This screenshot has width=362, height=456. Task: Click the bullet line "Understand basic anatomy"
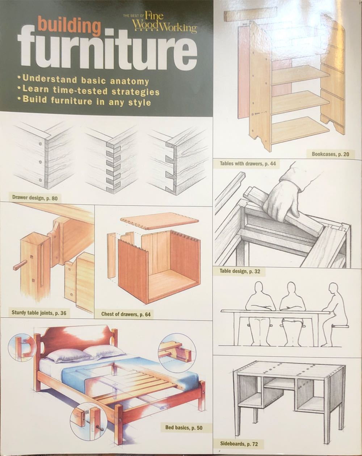[85, 80]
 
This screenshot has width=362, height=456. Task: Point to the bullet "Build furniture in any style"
[87, 102]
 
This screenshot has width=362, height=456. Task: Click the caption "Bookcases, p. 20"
[330, 154]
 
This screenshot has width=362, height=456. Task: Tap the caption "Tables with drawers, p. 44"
[248, 164]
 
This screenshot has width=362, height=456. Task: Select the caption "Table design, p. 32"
[240, 271]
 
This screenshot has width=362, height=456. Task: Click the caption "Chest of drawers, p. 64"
[126, 314]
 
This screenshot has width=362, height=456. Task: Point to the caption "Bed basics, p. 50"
[184, 428]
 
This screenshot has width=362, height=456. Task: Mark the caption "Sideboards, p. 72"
[239, 444]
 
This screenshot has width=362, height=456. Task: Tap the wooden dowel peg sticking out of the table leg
[20, 267]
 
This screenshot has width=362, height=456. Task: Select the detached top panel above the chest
[159, 223]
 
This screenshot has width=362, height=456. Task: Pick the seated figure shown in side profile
[335, 311]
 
